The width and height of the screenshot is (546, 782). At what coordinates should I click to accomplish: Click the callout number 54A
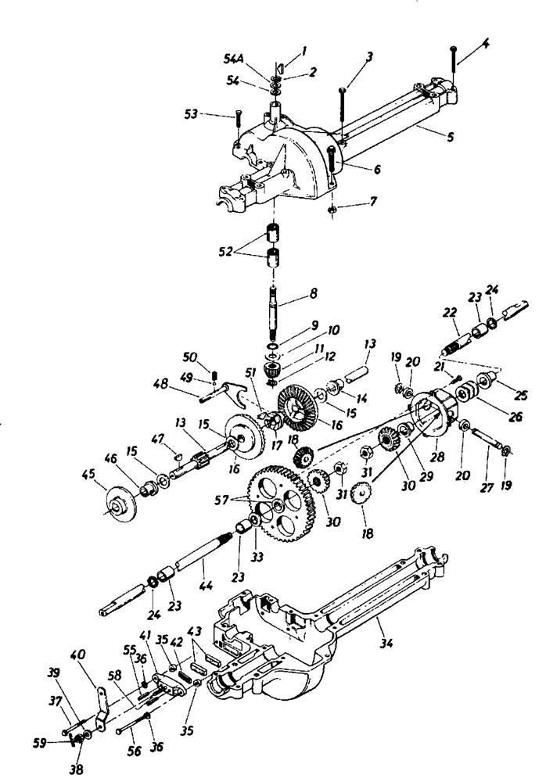tap(234, 59)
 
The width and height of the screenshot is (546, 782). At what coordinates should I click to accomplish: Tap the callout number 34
tap(386, 643)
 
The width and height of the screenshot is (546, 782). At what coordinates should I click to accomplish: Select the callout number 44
tap(207, 586)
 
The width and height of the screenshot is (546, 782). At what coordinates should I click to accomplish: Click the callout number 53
tap(191, 115)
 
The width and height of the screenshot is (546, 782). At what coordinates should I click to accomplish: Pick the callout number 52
tap(225, 252)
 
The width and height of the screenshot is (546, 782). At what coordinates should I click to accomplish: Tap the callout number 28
tap(438, 457)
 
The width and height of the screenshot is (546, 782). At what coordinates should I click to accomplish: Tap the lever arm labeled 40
tap(102, 707)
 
